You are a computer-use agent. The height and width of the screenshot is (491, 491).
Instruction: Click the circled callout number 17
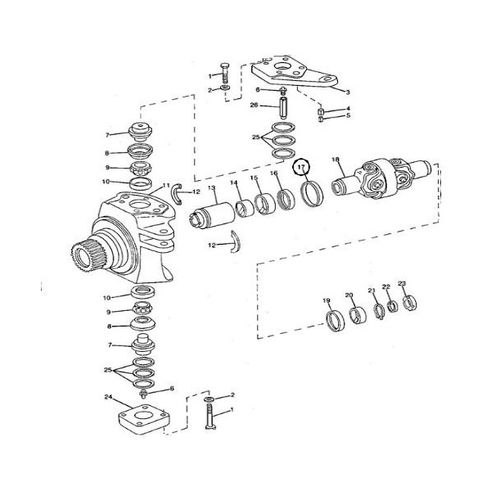tap(301, 167)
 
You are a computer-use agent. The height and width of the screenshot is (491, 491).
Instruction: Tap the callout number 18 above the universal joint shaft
tap(336, 160)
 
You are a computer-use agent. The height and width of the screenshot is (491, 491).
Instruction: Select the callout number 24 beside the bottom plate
tap(108, 397)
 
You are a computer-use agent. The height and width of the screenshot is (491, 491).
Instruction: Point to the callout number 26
tap(254, 105)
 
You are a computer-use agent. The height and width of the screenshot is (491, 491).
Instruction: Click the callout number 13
tap(212, 188)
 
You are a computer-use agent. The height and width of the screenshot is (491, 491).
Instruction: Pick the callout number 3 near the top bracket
tap(348, 92)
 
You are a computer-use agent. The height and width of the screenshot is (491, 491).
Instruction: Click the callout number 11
tap(166, 185)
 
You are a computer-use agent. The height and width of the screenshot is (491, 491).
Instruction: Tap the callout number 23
tap(402, 283)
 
